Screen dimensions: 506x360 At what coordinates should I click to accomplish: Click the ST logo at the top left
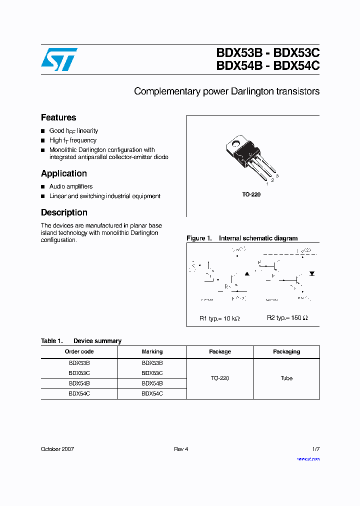[x=59, y=59]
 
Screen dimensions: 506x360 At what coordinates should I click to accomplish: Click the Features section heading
[x=58, y=118]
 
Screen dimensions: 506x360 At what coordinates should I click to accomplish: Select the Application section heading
[x=64, y=173]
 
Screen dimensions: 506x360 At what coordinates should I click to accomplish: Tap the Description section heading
[x=64, y=212]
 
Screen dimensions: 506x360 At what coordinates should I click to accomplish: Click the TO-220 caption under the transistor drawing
[x=251, y=194]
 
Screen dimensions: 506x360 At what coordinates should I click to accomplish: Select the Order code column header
[x=79, y=351]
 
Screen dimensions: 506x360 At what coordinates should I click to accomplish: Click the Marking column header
[x=152, y=351]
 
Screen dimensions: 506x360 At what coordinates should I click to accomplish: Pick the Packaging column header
[x=286, y=351]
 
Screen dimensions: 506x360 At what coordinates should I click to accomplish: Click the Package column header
[x=220, y=351]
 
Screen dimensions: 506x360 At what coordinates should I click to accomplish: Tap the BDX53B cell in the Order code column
[x=79, y=363]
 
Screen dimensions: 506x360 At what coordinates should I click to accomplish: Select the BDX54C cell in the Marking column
[x=152, y=394]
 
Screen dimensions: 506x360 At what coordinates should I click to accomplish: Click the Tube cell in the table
[x=286, y=378]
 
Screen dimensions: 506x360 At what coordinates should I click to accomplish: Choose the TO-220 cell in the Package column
[x=220, y=378]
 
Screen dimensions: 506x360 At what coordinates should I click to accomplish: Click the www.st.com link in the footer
[x=308, y=459]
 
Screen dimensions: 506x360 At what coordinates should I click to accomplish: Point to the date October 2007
[x=57, y=449]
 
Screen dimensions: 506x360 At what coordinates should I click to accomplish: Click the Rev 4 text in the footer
[x=181, y=449]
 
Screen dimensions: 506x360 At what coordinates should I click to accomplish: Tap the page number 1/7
[x=315, y=449]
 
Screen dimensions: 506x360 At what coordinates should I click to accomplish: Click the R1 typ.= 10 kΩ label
[x=219, y=318]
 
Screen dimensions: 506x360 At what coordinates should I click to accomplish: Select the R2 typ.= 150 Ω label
[x=287, y=318]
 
